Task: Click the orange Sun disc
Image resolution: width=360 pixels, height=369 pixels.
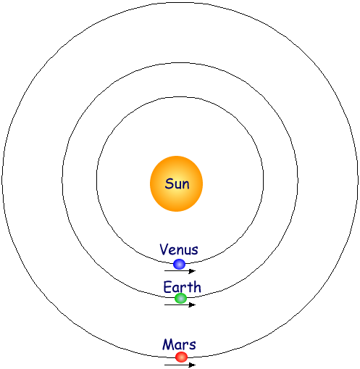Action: (176, 183)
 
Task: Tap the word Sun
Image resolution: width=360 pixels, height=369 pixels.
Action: (177, 184)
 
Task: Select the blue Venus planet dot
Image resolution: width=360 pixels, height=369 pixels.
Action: (180, 264)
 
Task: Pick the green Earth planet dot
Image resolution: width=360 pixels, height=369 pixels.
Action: (181, 298)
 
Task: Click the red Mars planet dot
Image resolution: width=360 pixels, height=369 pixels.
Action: (181, 357)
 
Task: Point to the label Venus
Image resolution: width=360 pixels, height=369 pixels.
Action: (179, 249)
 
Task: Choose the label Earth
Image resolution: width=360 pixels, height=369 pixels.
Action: (183, 287)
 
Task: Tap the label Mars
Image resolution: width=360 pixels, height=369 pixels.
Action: (179, 344)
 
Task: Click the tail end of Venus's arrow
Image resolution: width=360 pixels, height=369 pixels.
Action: (164, 271)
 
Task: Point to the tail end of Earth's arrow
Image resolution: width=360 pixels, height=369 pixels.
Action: (164, 304)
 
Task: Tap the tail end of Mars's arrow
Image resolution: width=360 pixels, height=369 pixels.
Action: (164, 365)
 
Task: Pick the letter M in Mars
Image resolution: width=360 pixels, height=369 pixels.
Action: (168, 344)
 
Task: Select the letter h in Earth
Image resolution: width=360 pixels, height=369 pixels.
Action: (197, 287)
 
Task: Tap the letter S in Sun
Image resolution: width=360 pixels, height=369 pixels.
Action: (169, 184)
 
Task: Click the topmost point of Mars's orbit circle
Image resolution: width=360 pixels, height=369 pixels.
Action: (180, 3)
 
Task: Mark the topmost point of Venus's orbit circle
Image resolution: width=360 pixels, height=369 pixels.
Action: (180, 97)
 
